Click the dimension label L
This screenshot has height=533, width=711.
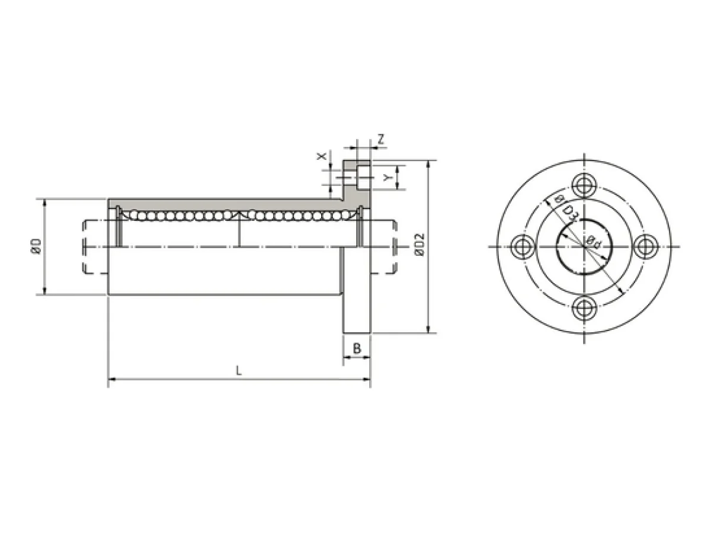click(238, 371)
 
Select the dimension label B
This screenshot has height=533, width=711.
click(357, 349)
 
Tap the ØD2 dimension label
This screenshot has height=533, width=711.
click(419, 245)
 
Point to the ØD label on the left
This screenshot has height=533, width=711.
click(36, 246)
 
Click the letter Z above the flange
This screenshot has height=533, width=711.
click(381, 140)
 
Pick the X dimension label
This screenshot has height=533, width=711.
click(321, 156)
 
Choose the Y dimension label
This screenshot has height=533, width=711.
click(387, 177)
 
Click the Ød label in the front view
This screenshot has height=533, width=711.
click(593, 242)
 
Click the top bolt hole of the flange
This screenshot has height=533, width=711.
click(584, 186)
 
